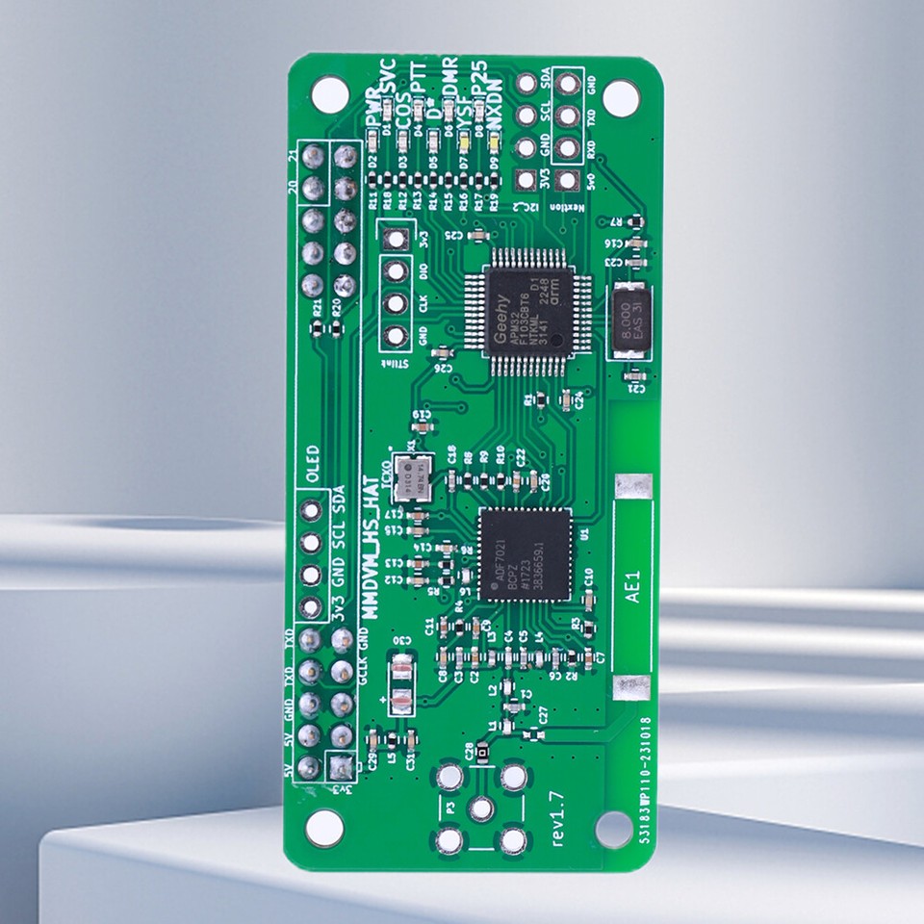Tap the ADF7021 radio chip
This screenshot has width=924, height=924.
click(526, 553)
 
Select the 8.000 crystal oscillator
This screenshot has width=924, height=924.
click(631, 320)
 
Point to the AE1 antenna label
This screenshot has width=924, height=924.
click(633, 586)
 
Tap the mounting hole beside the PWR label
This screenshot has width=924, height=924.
click(329, 94)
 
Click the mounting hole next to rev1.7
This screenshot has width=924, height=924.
click(614, 828)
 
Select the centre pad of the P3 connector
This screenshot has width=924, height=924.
click(481, 809)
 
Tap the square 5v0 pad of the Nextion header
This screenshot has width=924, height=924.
click(568, 180)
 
